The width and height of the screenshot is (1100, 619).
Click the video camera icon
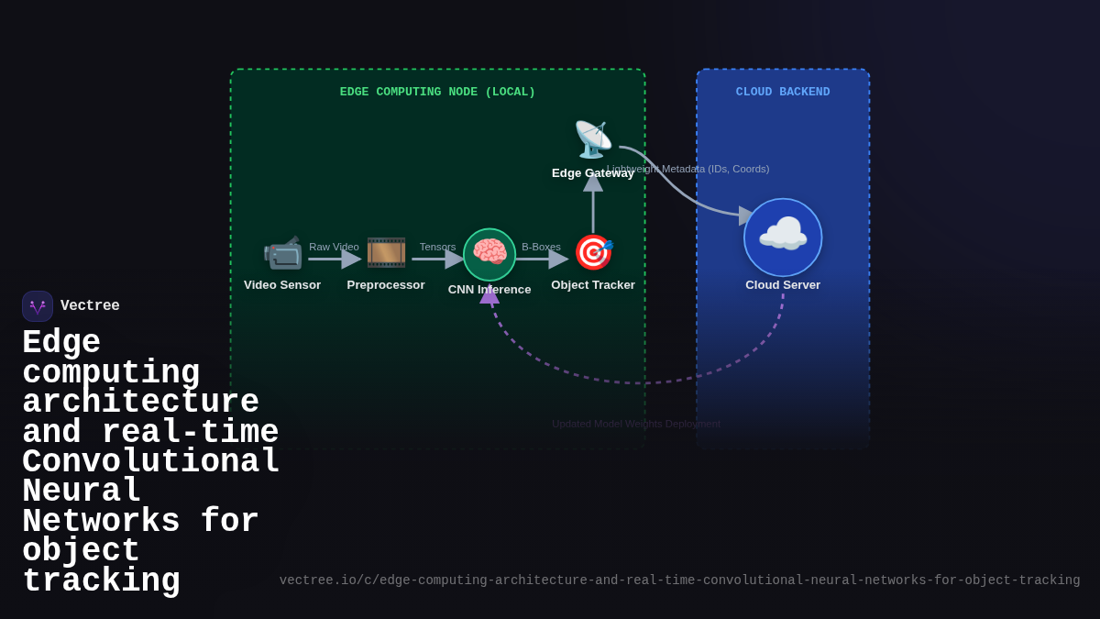point(282,252)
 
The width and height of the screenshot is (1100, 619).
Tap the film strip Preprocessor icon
point(386,252)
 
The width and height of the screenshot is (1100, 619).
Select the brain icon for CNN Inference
point(489,254)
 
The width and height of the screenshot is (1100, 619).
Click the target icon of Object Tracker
point(593,252)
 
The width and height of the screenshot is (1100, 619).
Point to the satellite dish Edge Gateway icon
point(593,139)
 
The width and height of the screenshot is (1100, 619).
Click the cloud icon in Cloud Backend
point(783,237)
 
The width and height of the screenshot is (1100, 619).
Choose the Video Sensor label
point(282,285)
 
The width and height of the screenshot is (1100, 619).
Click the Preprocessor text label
point(386,285)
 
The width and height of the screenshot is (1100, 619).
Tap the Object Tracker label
point(593,285)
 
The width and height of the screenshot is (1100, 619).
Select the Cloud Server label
point(783,285)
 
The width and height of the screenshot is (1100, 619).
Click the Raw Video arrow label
point(334,247)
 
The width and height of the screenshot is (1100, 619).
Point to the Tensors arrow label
point(437,247)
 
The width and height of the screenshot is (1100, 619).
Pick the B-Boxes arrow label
point(541,247)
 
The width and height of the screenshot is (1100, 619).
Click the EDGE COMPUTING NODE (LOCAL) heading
point(437,93)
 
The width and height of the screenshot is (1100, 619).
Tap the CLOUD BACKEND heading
point(783,93)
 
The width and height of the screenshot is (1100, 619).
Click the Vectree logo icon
point(38,306)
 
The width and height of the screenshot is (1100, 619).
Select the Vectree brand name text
point(90,306)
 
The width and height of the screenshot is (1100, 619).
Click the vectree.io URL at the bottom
point(679,580)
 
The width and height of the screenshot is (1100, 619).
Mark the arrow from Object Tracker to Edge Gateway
point(593,206)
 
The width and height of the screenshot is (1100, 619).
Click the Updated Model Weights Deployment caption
point(636,424)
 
